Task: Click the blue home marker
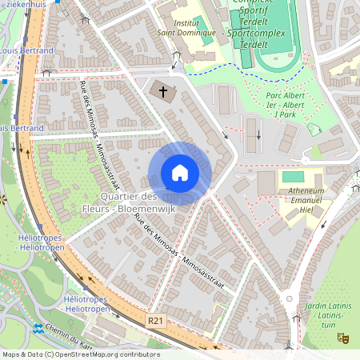pyautogui.click(x=180, y=173)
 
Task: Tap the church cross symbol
pyautogui.click(x=164, y=91)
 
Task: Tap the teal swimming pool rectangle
pyautogui.click(x=294, y=176)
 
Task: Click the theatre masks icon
pyautogui.click(x=344, y=338)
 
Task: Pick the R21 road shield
pyautogui.click(x=157, y=319)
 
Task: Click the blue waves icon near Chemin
pyautogui.click(x=38, y=328)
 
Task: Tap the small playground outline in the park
pyautogui.click(x=314, y=130)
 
